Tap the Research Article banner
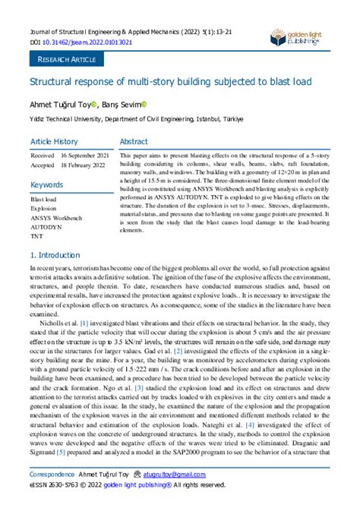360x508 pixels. pos(65,58)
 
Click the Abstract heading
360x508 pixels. pos(156,141)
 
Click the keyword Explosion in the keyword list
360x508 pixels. pos(43,207)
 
